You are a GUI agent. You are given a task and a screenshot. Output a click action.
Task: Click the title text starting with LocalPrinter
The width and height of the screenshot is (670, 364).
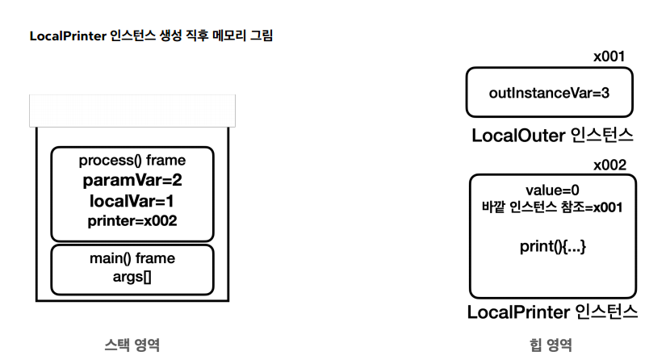point(151,36)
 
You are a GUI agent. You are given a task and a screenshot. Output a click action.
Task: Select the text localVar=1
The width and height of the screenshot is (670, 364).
point(132,200)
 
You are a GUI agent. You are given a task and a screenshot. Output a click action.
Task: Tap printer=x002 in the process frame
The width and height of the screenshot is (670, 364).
point(132,220)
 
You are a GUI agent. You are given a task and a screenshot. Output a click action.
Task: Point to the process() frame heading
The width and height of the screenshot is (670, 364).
point(132,161)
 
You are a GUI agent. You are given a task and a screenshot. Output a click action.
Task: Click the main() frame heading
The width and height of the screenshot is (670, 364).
point(132,259)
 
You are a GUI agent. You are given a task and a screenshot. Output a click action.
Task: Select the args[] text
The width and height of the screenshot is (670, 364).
point(132,277)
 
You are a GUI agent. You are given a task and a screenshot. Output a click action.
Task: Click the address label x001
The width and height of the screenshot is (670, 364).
point(609,56)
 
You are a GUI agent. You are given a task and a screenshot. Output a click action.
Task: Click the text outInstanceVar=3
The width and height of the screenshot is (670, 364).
point(549,93)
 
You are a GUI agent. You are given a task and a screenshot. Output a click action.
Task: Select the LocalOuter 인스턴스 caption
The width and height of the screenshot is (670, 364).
point(552,135)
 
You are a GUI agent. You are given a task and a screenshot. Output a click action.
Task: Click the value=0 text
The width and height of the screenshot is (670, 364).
point(552,190)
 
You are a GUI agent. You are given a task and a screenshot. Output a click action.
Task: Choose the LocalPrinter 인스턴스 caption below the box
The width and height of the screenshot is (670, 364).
point(552,312)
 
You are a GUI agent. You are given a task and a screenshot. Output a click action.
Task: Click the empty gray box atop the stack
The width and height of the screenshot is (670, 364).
point(132,111)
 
